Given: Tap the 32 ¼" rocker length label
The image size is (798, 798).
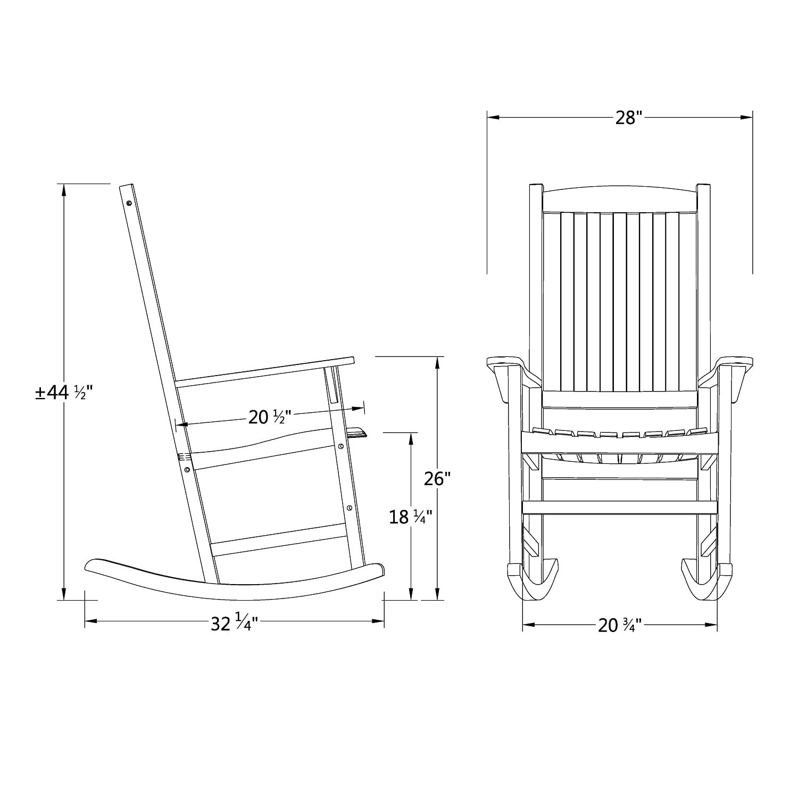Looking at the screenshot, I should click(234, 623).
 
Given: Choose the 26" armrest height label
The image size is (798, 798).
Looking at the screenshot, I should click(437, 479).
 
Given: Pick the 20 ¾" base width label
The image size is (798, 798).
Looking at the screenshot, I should click(620, 625).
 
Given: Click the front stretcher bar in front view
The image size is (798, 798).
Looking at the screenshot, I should click(620, 508).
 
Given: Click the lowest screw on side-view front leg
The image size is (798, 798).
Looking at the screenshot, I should click(349, 508).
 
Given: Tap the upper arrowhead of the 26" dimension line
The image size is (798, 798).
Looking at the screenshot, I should click(437, 362).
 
